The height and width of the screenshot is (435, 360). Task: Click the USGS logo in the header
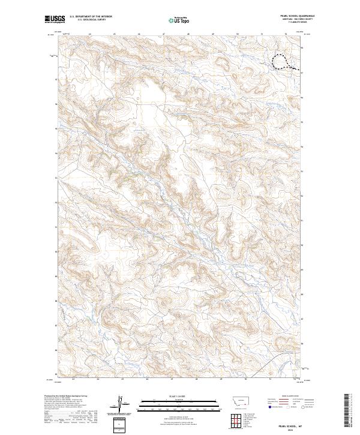click(55, 19)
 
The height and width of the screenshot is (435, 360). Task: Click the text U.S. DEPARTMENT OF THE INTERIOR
click(91, 17)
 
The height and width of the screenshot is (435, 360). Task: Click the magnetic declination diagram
click(119, 403)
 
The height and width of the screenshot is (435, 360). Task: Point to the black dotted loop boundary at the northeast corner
click(281, 62)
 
